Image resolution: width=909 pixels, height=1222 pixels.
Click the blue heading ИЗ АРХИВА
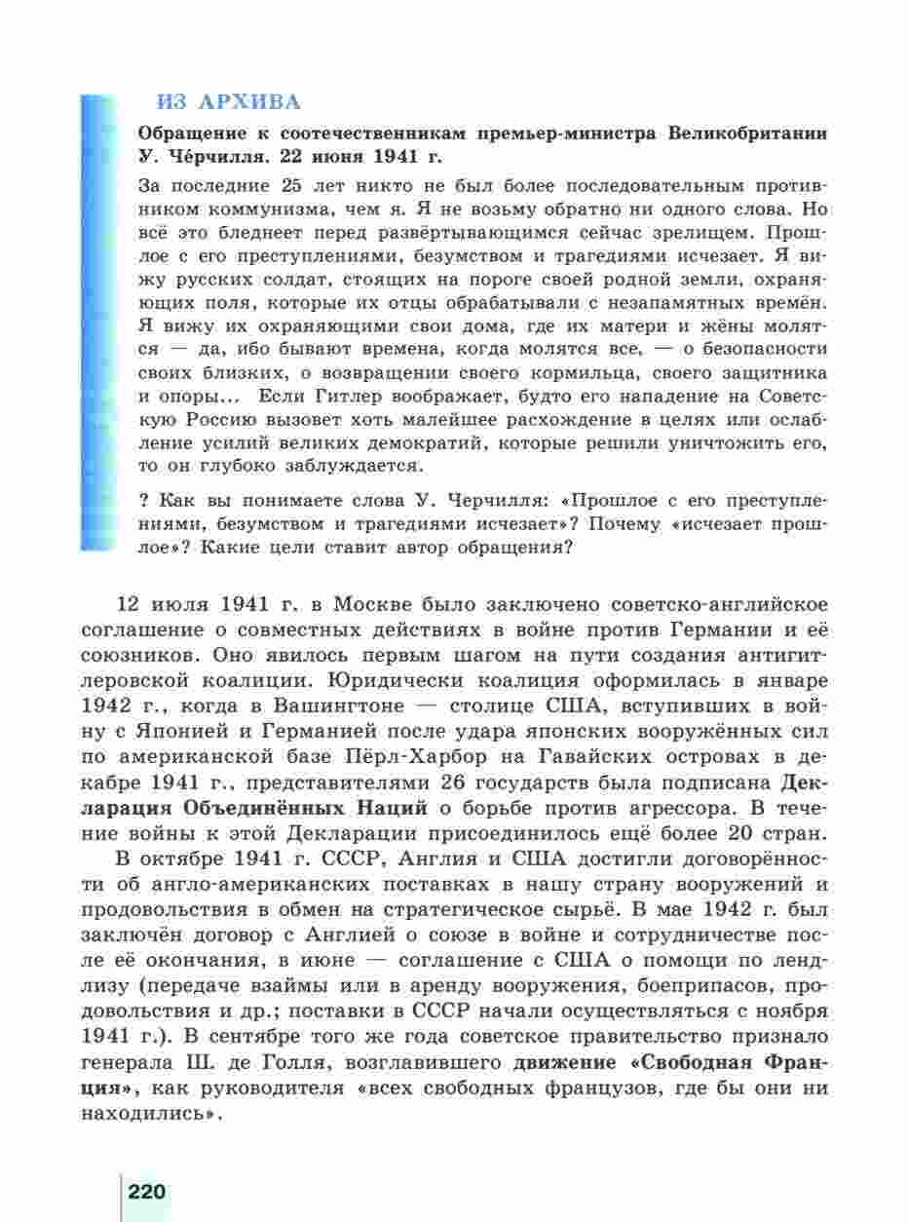(229, 101)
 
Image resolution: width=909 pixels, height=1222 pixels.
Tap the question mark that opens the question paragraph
(145, 501)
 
